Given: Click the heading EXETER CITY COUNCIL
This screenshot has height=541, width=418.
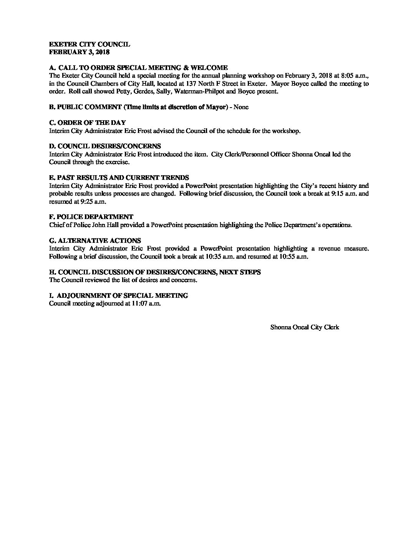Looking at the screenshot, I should click(90, 44).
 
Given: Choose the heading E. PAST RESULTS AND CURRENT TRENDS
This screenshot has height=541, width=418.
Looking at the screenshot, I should click(119, 178).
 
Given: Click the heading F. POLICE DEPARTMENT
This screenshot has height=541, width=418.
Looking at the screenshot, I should click(91, 217).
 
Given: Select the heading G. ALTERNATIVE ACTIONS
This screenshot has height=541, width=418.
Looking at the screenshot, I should click(95, 241).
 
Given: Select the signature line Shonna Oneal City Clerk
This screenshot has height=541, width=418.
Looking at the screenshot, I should click(305, 327).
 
